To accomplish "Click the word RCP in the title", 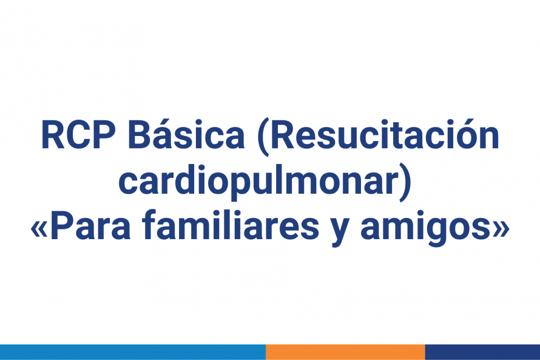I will click(78, 137).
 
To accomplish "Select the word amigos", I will click(425, 228).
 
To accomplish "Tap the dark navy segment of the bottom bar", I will click(482, 352).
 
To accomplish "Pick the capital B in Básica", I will click(141, 137).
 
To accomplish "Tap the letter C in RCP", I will click(78, 137).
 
